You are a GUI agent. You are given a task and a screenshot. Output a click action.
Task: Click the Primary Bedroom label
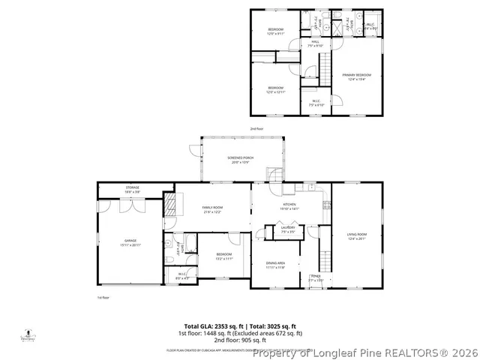357,75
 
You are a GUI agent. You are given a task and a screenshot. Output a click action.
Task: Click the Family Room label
213,209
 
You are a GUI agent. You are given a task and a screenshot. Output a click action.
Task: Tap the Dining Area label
276,263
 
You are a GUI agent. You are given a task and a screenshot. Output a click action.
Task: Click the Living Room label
356,237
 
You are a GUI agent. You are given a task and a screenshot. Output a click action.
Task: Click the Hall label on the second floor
315,43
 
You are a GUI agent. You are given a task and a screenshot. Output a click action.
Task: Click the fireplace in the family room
171,204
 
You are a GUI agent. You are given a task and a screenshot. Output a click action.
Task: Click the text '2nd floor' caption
257,128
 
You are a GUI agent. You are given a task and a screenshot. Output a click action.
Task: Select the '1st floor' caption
103,298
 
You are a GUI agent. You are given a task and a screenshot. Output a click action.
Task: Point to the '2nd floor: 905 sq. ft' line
240,339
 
